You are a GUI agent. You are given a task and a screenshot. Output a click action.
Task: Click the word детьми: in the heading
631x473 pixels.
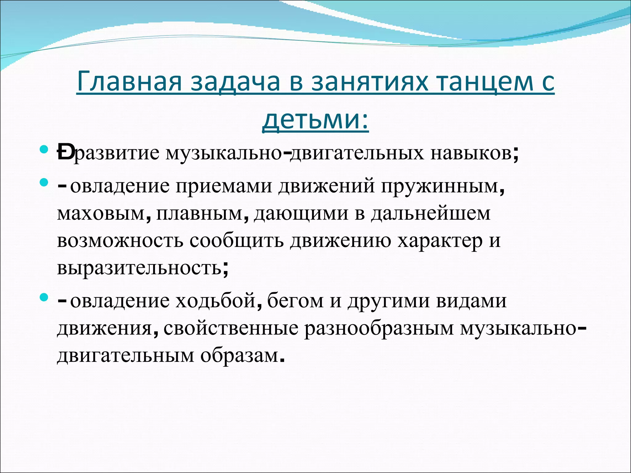click(x=315, y=119)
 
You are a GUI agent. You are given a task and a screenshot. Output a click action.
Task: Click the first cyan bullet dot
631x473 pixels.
click(x=44, y=150)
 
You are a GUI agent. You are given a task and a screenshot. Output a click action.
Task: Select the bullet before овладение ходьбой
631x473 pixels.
click(x=44, y=297)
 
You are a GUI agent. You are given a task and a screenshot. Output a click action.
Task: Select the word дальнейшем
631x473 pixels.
click(x=430, y=213)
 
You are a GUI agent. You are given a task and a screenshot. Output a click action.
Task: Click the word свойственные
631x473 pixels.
click(x=231, y=328)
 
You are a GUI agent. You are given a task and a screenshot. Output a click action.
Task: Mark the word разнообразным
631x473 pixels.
click(x=379, y=328)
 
